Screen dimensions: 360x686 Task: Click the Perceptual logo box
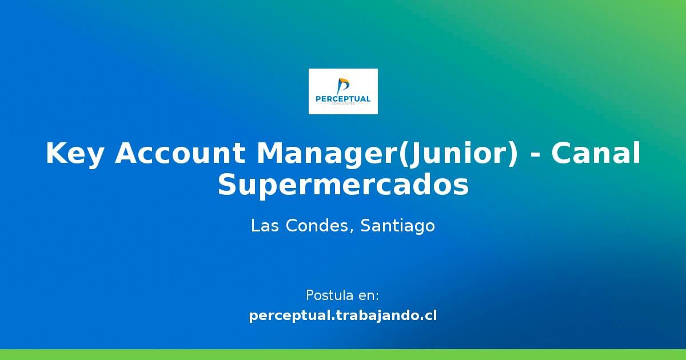[x=343, y=91]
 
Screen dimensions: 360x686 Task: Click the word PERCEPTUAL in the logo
[x=343, y=99]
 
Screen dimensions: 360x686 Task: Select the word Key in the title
[x=74, y=154]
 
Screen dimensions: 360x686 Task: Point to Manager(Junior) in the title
[x=388, y=154]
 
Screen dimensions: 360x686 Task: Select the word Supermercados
[x=343, y=186]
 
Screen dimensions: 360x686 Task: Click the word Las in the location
[x=265, y=226]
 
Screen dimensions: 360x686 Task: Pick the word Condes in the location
[x=315, y=226]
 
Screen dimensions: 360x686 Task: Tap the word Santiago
[x=398, y=226]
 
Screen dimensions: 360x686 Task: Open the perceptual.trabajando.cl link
[x=343, y=315]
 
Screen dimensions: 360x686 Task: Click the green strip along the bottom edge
[x=343, y=354]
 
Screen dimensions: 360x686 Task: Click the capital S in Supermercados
[x=227, y=186]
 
